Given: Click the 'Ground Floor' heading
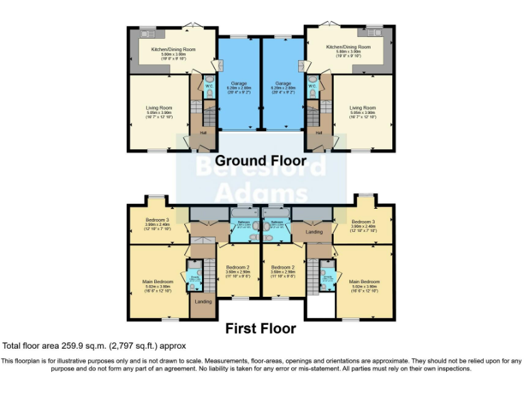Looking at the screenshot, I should (x=261, y=161).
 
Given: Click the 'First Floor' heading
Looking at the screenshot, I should (x=261, y=328).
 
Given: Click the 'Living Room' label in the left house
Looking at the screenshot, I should (x=159, y=107).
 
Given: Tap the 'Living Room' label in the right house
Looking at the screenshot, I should (x=362, y=107).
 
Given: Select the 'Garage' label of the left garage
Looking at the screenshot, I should (x=239, y=83).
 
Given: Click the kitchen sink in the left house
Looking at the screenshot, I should (x=147, y=32).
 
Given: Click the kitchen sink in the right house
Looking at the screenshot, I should (x=374, y=32).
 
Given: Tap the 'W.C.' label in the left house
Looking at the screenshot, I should (x=209, y=87).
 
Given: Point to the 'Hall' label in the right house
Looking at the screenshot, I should (x=319, y=132).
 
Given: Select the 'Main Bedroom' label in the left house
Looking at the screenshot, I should (x=158, y=281).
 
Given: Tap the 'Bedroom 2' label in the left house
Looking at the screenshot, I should (x=237, y=267).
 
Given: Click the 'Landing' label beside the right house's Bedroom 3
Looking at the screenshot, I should (x=315, y=232).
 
